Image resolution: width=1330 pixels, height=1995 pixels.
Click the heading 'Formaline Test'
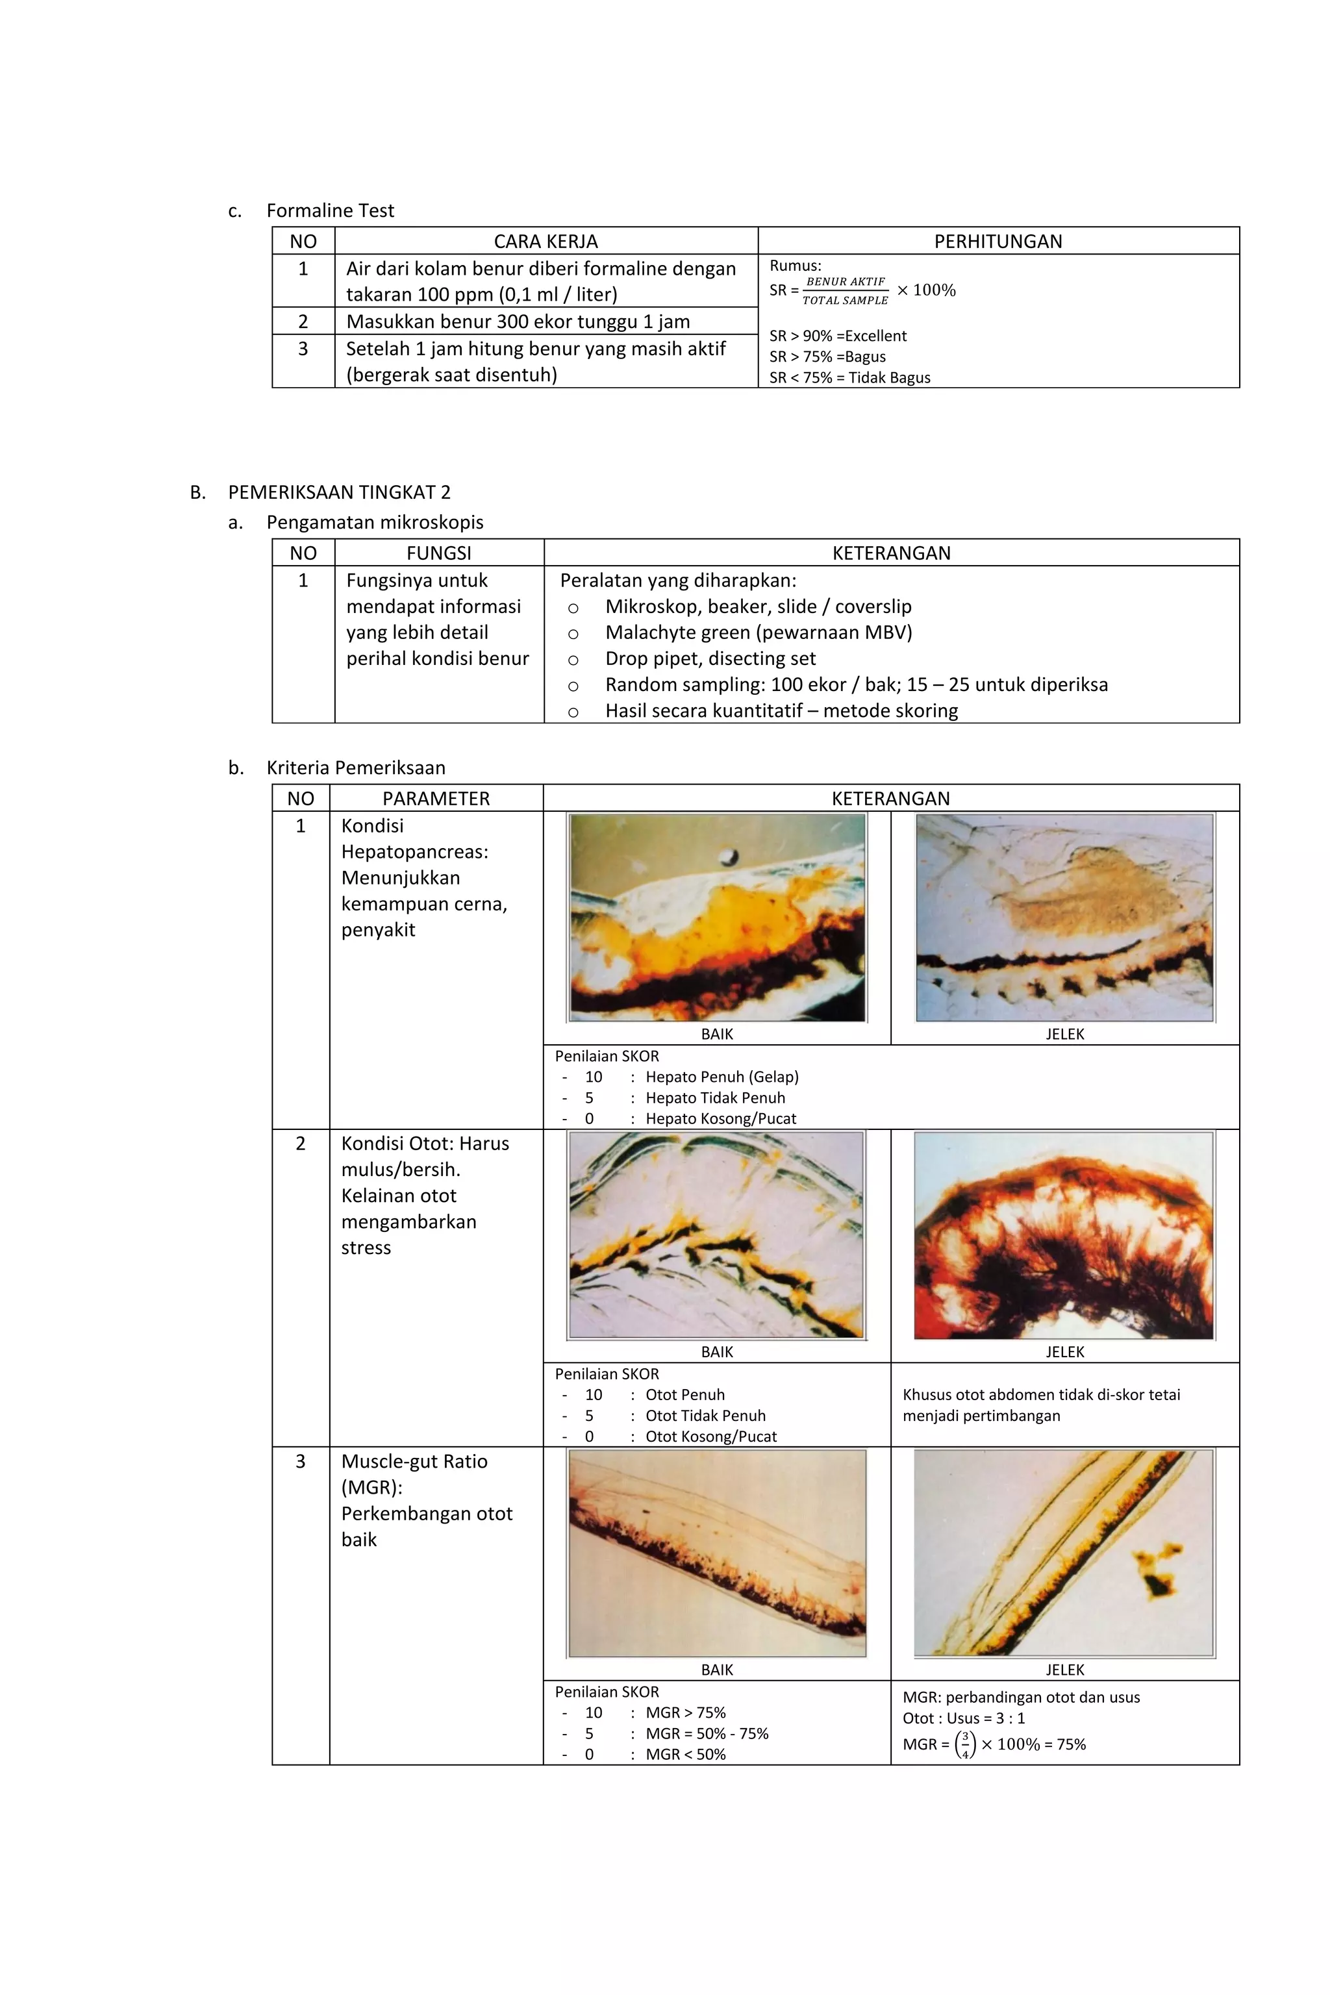330,210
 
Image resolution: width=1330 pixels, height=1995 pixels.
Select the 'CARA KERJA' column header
546,242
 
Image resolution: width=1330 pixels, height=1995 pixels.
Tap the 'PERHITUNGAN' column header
997,242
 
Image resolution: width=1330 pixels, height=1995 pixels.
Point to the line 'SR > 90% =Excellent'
837,336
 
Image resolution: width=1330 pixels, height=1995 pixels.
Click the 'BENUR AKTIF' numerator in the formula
845,282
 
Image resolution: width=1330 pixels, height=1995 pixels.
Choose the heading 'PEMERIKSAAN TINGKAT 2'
339,492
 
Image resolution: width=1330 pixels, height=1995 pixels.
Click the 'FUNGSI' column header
438,553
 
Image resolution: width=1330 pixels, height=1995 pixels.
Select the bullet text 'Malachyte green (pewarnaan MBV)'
759,632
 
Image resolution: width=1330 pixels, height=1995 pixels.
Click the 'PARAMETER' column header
436,798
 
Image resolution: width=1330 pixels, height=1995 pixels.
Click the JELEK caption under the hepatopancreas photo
1064,1034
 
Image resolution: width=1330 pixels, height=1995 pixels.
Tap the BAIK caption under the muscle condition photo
717,1352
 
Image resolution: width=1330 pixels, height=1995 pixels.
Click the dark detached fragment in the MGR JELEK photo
1155,1582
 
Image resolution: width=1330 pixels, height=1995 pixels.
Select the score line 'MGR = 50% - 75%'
707,1734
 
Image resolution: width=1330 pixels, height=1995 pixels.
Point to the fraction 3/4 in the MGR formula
964,1745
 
